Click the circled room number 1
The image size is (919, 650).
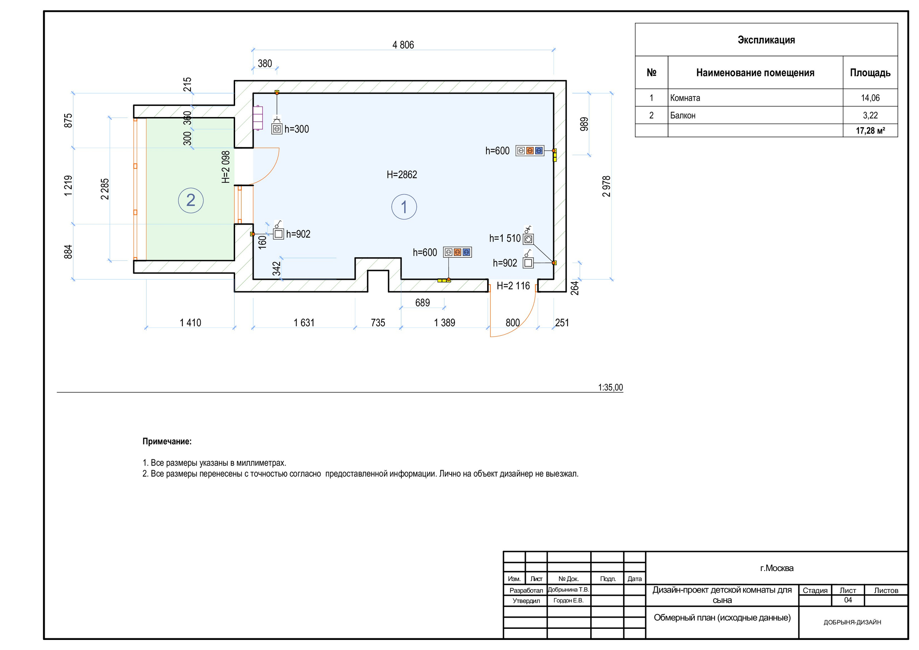404,207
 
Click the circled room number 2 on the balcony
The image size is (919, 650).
191,200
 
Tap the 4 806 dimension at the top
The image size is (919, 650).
403,45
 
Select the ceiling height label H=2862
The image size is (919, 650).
401,174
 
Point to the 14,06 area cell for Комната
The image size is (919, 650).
870,98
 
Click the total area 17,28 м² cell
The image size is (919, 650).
870,131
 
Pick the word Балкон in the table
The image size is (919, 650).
683,115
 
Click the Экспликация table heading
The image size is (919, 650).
766,40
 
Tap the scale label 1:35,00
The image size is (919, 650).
610,387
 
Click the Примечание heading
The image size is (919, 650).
167,441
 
